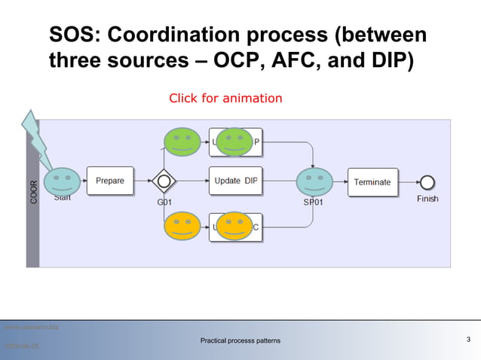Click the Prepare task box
(x=110, y=181)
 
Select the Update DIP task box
(x=236, y=181)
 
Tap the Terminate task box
(x=372, y=182)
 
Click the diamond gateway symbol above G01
(x=164, y=182)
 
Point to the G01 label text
(x=165, y=202)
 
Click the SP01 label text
(x=314, y=202)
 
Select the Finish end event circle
(x=427, y=182)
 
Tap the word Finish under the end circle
(x=427, y=199)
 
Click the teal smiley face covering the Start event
(x=62, y=182)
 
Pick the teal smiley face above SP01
(x=314, y=182)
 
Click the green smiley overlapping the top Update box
(x=234, y=142)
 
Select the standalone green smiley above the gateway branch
(x=182, y=142)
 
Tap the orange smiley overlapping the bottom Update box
(x=234, y=226)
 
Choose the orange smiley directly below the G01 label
(x=182, y=226)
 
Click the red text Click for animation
(x=225, y=99)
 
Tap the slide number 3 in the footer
(x=469, y=340)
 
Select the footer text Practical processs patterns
(x=240, y=341)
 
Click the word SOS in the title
(x=72, y=35)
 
